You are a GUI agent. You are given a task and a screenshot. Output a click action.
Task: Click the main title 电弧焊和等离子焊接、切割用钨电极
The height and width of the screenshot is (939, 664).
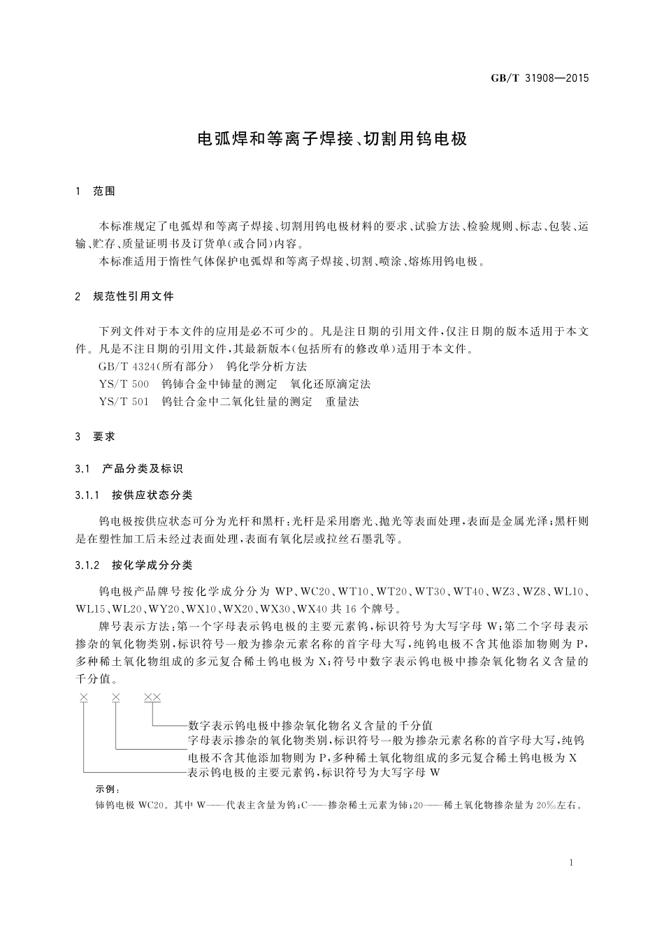pos(331,138)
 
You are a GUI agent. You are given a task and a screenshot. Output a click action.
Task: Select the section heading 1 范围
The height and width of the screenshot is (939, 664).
pos(95,191)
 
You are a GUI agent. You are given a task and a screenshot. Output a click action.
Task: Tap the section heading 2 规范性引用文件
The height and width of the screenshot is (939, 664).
pos(124,296)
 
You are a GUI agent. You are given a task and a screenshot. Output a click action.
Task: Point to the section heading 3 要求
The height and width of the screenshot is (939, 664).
pos(95,437)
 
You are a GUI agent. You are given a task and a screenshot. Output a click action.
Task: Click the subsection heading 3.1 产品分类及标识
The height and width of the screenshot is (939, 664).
pos(129,468)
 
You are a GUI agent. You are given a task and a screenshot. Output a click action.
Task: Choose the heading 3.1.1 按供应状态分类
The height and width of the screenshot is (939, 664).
pos(133,495)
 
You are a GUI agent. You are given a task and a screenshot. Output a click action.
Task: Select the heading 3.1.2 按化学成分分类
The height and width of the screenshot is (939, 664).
pos(133,565)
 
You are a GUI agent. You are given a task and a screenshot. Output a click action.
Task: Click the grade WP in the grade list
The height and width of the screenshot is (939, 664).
pos(287,592)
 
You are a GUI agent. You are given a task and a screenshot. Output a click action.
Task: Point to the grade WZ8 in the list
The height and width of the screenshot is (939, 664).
pos(536,592)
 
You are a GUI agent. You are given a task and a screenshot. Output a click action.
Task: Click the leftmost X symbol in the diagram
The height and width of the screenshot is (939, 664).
pos(84,697)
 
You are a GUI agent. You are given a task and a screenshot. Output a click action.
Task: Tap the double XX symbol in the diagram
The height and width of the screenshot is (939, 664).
pos(152,697)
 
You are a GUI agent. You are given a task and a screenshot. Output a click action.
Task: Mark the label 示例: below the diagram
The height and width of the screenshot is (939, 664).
pos(108,789)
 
